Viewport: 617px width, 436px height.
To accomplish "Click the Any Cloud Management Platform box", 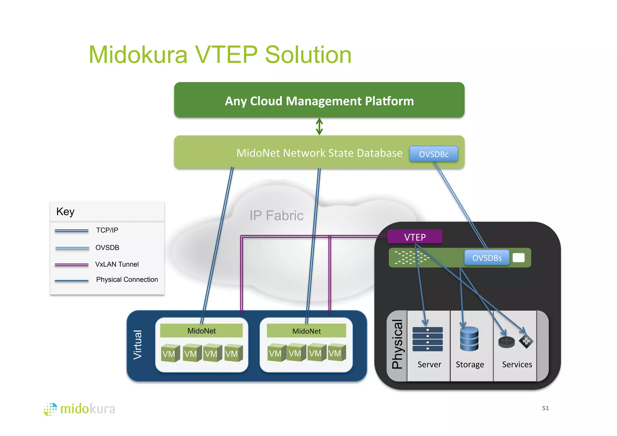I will click(x=319, y=100).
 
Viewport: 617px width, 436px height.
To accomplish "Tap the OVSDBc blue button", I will click(x=434, y=154).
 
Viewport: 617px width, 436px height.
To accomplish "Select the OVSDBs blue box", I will click(x=487, y=258).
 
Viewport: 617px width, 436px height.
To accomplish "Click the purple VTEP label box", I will click(x=415, y=237).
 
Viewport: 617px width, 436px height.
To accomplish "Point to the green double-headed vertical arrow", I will click(x=319, y=127).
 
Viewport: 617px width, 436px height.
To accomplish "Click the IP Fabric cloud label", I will click(x=276, y=215).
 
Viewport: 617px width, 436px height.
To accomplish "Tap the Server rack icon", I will click(x=428, y=339).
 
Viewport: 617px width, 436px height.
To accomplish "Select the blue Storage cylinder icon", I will click(x=469, y=339).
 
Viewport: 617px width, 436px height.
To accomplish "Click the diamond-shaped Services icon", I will click(x=526, y=341).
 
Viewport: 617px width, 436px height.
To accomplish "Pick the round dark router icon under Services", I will click(x=506, y=342).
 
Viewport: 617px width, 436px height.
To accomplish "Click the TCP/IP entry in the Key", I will click(x=107, y=230).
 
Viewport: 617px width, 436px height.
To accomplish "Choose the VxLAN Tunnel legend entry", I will click(x=117, y=264).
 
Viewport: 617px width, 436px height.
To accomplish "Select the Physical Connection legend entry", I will click(x=127, y=280).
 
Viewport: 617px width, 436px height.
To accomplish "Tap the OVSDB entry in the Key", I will click(x=107, y=248).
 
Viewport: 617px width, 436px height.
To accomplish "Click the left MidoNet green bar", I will click(x=201, y=331).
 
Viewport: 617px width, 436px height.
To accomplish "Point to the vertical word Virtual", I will click(x=137, y=345).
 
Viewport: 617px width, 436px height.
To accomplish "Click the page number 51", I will click(x=545, y=408).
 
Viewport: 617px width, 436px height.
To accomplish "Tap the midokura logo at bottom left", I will click(x=80, y=409).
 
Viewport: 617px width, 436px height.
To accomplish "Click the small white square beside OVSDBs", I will click(x=518, y=258).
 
